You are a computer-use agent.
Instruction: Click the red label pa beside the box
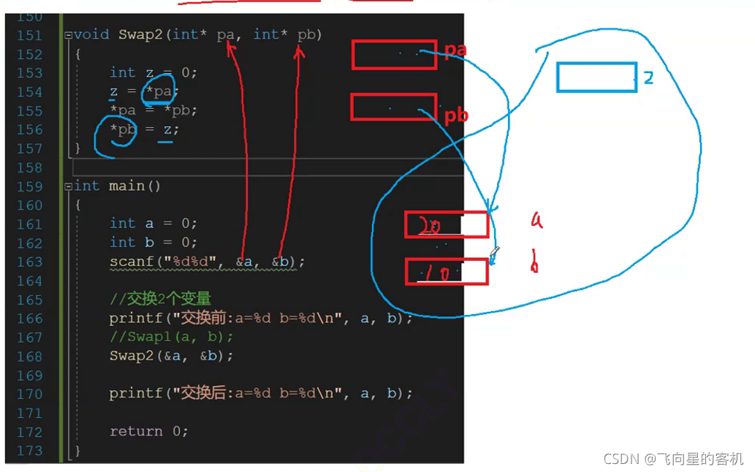coord(456,50)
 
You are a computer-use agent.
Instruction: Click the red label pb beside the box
coord(456,115)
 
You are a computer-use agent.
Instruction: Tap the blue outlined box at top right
coord(596,77)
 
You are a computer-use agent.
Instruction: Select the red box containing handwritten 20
coord(447,224)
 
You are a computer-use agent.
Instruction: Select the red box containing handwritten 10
coord(447,272)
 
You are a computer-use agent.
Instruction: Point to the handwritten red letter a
coord(536,219)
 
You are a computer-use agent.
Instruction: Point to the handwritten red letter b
coord(534,263)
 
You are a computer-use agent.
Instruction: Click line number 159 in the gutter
coord(29,186)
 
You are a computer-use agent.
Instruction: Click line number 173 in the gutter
coord(29,450)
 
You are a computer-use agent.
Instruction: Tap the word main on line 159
coord(126,186)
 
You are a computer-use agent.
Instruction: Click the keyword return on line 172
coord(137,431)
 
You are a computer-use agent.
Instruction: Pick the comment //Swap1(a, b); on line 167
coord(171,337)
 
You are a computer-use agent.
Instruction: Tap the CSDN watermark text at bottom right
coord(673,458)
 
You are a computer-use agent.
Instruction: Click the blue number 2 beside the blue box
coord(648,78)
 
